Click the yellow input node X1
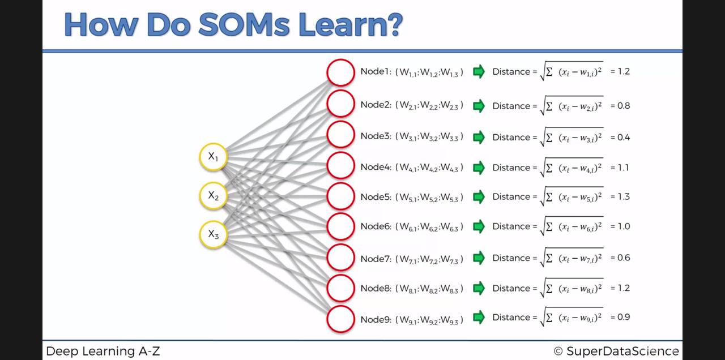213,157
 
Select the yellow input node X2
213,196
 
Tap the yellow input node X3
213,234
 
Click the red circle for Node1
340,72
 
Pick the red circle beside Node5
340,197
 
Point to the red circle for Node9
340,319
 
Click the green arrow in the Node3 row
479,137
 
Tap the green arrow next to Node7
479,258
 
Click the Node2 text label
376,105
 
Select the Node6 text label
376,226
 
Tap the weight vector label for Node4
429,168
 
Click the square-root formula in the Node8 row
572,288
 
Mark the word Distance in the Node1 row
511,72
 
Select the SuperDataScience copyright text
616,351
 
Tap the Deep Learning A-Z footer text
103,351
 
